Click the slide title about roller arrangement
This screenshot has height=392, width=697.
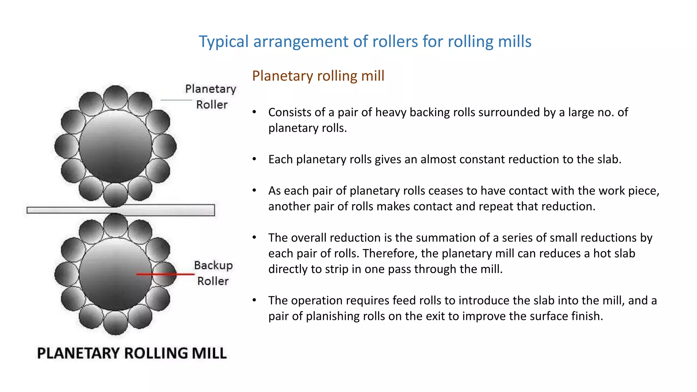click(x=365, y=42)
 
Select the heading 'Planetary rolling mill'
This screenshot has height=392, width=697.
click(x=318, y=76)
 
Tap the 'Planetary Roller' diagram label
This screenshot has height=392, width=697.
click(x=211, y=97)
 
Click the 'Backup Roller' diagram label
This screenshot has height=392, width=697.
click(x=213, y=273)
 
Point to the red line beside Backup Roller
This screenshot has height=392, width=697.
click(x=165, y=274)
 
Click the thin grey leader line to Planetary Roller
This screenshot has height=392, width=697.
click(x=176, y=100)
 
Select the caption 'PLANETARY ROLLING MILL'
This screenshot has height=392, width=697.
click(x=132, y=353)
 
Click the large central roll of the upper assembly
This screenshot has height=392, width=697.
click(x=115, y=146)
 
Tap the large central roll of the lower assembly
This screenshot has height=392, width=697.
click(x=115, y=274)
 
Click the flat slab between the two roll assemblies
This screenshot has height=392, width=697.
click(x=120, y=210)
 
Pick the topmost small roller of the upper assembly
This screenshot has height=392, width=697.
click(x=115, y=97)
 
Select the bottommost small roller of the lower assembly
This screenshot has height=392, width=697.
click(x=115, y=323)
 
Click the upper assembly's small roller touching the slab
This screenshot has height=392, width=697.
click(x=115, y=195)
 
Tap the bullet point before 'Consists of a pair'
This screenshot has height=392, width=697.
click(x=254, y=112)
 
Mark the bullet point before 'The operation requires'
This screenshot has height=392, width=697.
click(x=254, y=300)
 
